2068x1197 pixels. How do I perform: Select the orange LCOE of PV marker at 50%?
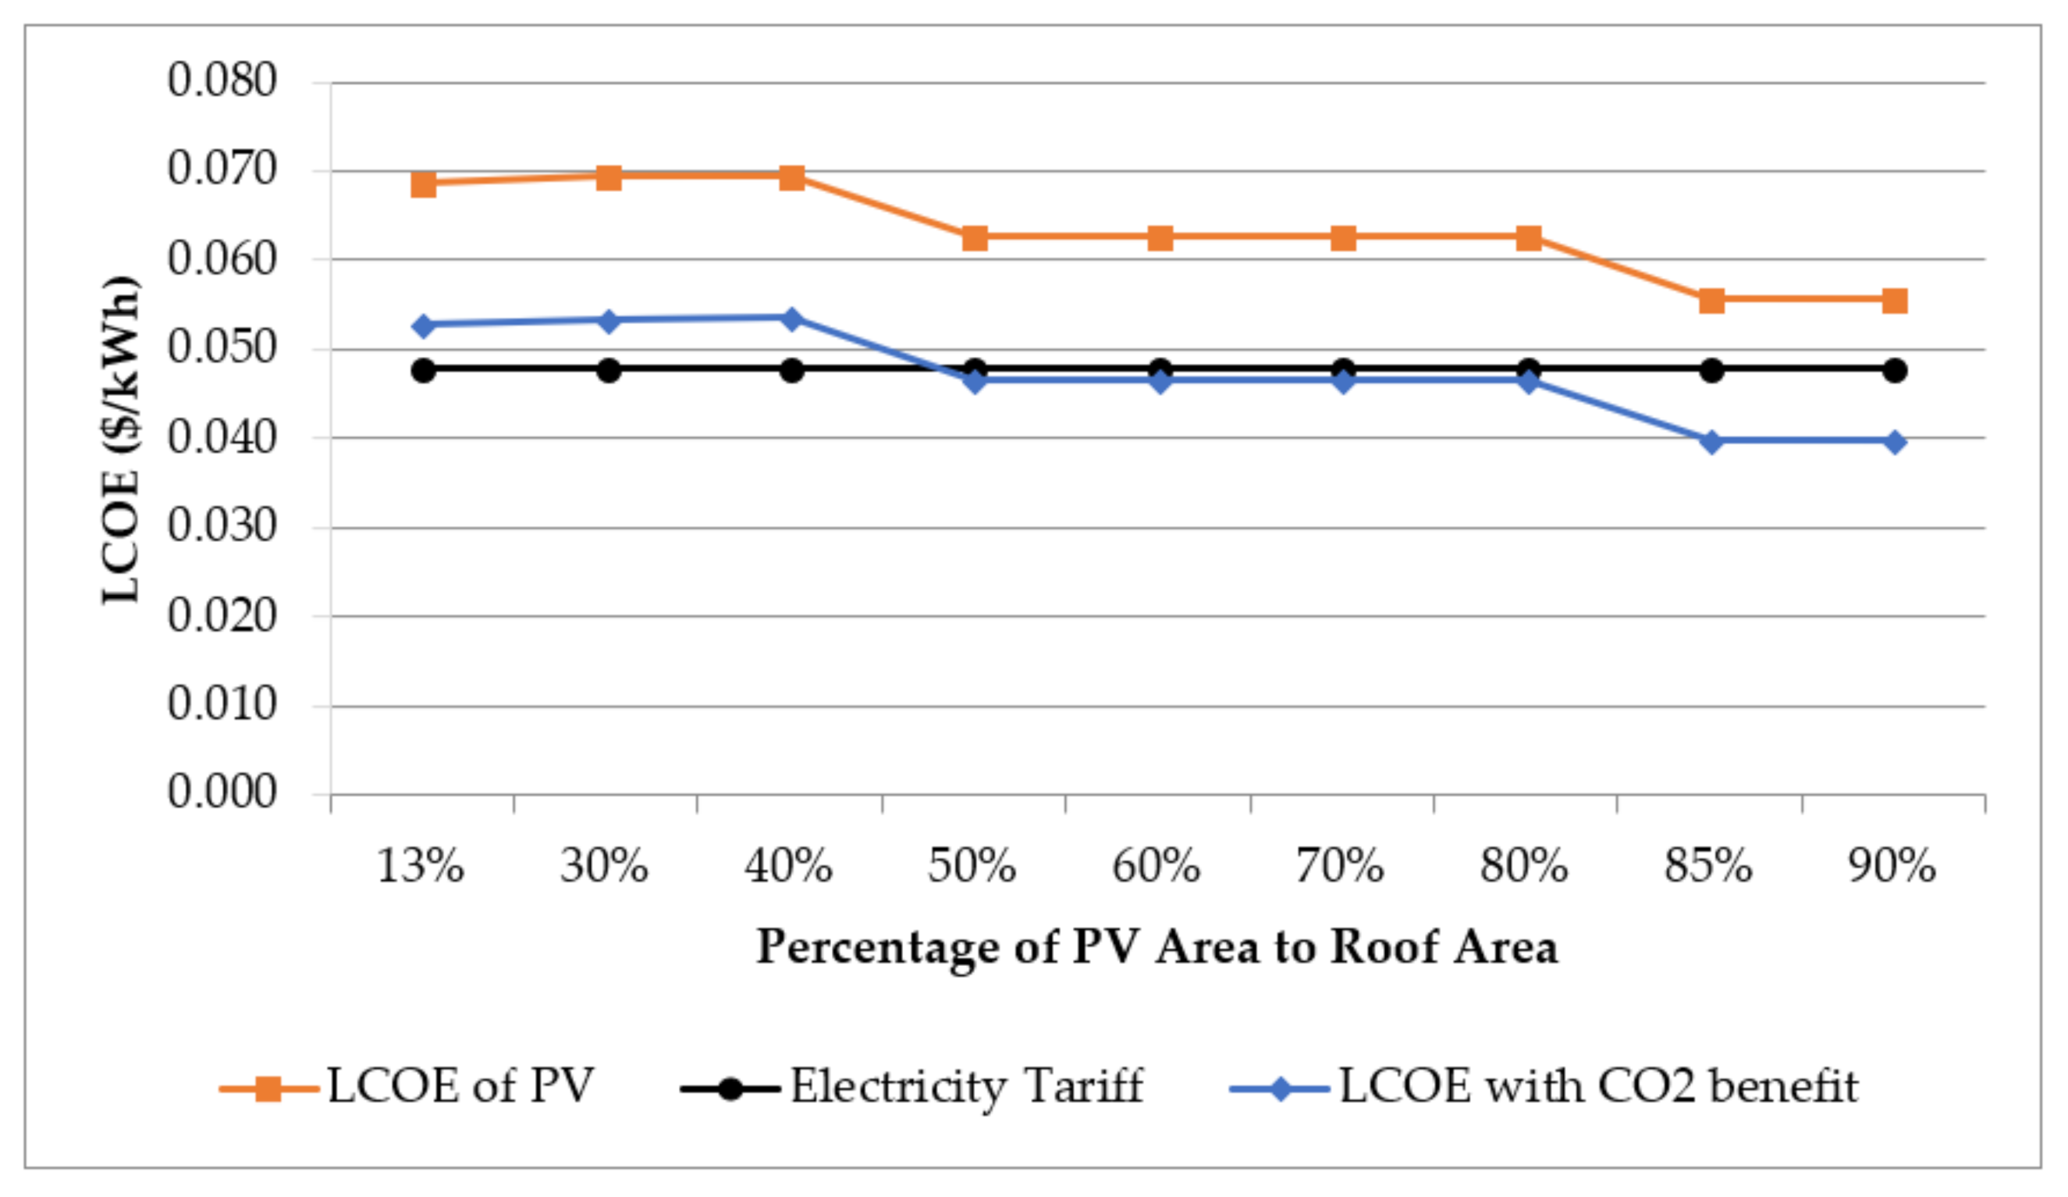pyautogui.click(x=974, y=238)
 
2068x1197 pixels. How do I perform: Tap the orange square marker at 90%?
pyautogui.click(x=1894, y=301)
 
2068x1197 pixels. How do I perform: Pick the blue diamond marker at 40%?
pyautogui.click(x=791, y=319)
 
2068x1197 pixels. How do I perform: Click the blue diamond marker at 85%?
pyautogui.click(x=1711, y=442)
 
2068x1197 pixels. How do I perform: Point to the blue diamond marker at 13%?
pyautogui.click(x=424, y=325)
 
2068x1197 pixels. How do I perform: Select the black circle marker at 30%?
pyautogui.click(x=608, y=370)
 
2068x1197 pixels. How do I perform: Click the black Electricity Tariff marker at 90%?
pyautogui.click(x=1894, y=370)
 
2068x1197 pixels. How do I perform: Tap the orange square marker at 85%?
pyautogui.click(x=1711, y=301)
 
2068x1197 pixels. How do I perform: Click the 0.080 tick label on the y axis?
pyautogui.click(x=222, y=81)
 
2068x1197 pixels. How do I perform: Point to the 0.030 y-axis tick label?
pyautogui.click(x=222, y=526)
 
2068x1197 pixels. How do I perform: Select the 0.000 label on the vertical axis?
pyautogui.click(x=222, y=793)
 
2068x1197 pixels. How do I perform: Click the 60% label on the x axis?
pyautogui.click(x=1156, y=866)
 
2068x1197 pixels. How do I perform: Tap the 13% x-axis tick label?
pyautogui.click(x=420, y=866)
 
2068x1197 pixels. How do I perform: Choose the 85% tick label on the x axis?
pyautogui.click(x=1707, y=866)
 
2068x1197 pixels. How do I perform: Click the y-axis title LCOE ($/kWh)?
pyautogui.click(x=122, y=440)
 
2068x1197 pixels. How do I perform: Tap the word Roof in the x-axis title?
pyautogui.click(x=1384, y=946)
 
